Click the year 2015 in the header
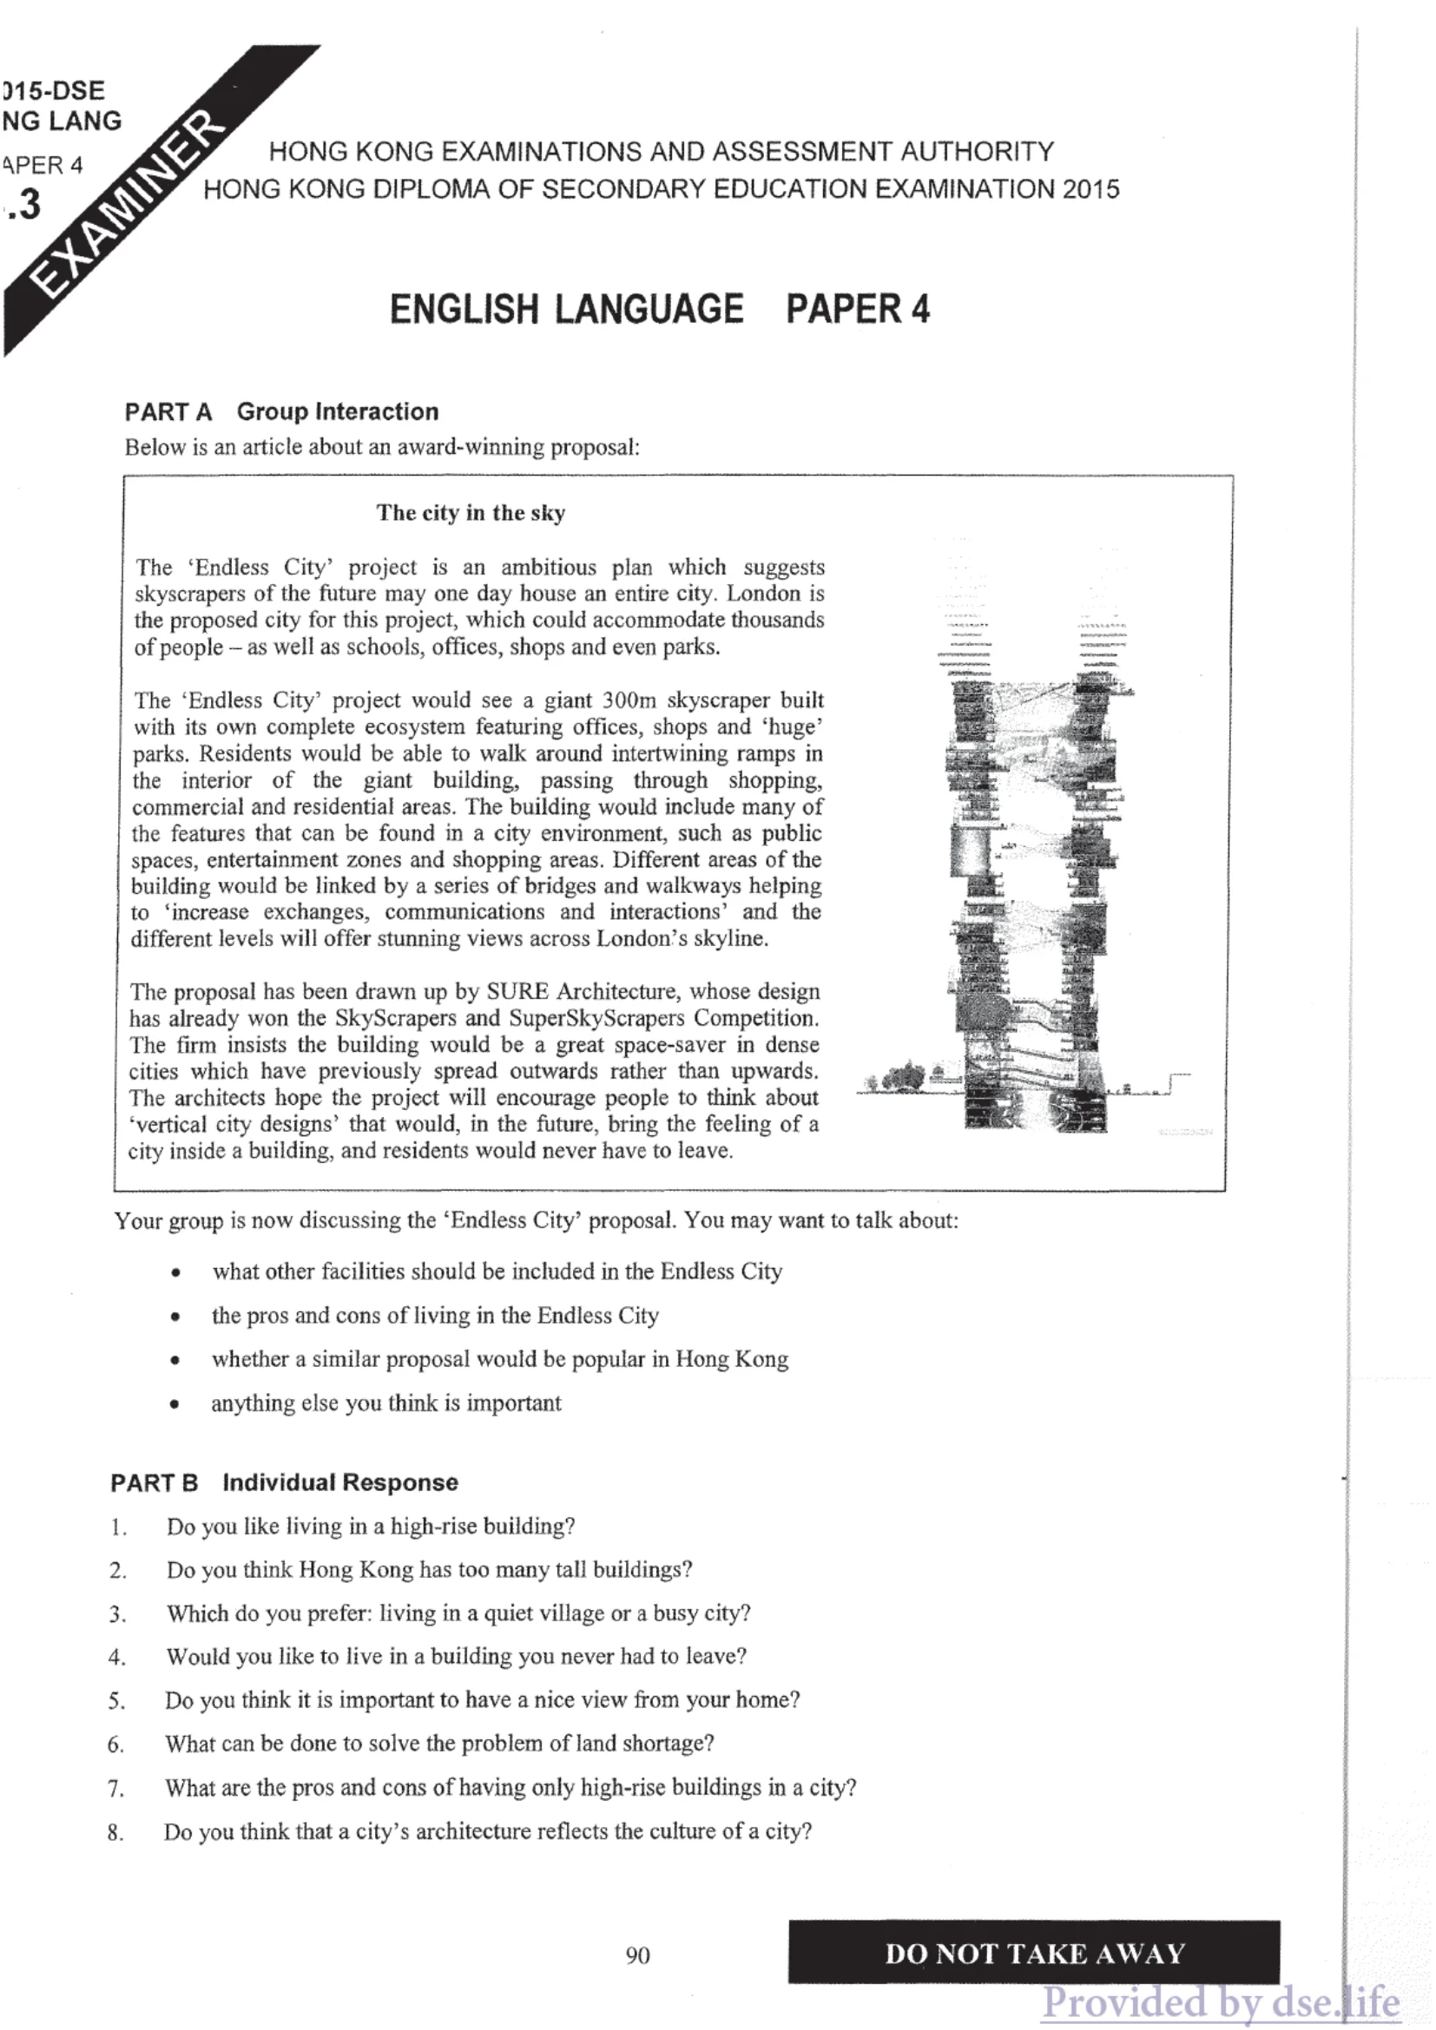(x=1090, y=189)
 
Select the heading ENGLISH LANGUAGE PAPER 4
(x=659, y=310)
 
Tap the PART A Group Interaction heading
(x=281, y=412)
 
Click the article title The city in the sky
(x=471, y=513)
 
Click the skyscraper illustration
(x=1031, y=884)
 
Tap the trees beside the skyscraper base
(x=902, y=1078)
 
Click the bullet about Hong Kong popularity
(x=499, y=1359)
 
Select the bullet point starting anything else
(x=385, y=1403)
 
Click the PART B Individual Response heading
(x=284, y=1482)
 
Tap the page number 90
(x=637, y=1954)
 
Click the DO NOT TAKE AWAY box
(x=1034, y=1952)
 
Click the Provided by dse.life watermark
(x=1220, y=2002)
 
